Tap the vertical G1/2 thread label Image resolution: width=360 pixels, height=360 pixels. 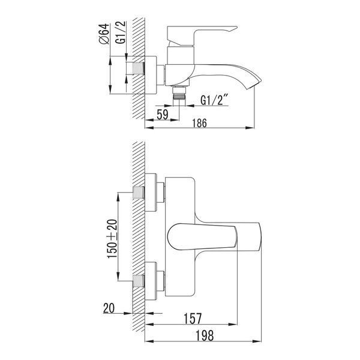[x=121, y=32]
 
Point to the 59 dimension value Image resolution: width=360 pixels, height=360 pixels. [x=163, y=115]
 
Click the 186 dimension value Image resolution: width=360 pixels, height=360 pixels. [x=199, y=123]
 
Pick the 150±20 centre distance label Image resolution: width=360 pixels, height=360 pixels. [x=112, y=239]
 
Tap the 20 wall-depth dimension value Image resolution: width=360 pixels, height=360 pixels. [x=109, y=308]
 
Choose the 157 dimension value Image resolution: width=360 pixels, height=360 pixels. [x=193, y=319]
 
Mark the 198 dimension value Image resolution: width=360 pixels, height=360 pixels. [x=205, y=335]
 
